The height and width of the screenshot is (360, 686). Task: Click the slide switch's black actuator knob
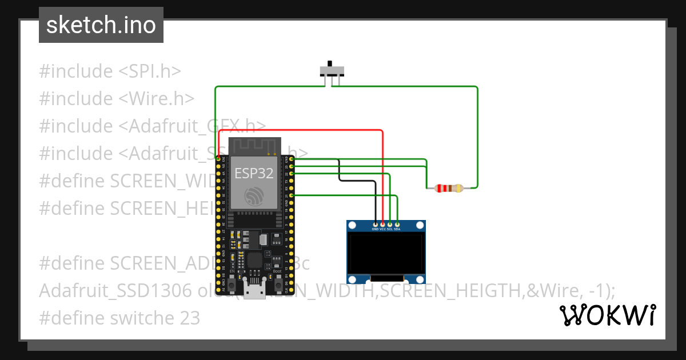[x=329, y=63]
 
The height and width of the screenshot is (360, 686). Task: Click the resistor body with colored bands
[x=449, y=188]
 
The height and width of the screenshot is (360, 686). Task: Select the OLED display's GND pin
[x=375, y=224]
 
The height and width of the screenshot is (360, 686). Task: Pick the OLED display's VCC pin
[x=382, y=224]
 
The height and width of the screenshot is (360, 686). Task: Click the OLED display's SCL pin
[x=390, y=224]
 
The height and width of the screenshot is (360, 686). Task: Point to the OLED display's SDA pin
[x=397, y=224]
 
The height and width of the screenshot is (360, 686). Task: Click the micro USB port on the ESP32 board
[x=254, y=291]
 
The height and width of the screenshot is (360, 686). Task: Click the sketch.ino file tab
[x=101, y=25]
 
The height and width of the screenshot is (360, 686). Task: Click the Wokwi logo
[x=607, y=315]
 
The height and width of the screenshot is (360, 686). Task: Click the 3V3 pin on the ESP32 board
[x=218, y=158]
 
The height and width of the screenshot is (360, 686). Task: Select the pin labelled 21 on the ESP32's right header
[x=292, y=195]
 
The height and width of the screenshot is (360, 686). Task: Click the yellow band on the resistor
[x=459, y=188]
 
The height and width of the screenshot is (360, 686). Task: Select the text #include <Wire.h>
[x=117, y=99]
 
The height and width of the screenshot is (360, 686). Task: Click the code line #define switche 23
[x=119, y=318]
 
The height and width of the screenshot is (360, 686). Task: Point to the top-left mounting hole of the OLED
[x=353, y=226]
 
